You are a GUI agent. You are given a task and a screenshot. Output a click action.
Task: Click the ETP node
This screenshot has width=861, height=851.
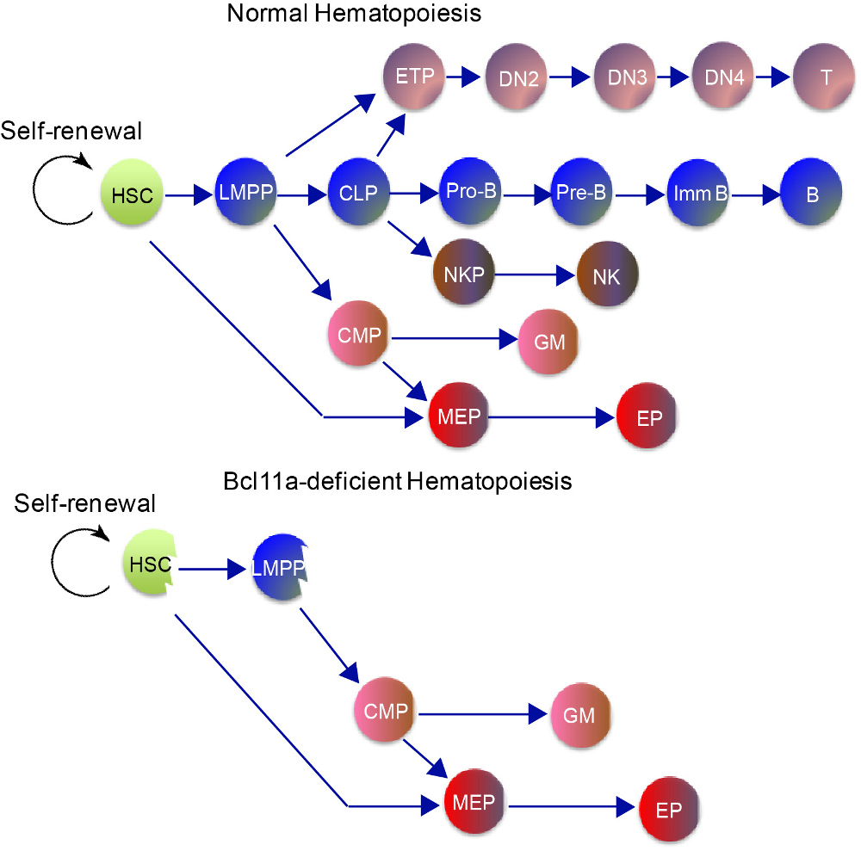(414, 77)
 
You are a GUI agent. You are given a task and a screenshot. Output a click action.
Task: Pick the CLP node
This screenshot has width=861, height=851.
(359, 194)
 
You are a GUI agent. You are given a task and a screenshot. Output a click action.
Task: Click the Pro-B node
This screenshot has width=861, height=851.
(471, 194)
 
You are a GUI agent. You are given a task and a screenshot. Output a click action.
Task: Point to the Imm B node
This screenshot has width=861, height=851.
(698, 194)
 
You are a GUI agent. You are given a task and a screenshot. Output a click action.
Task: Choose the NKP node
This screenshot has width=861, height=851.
(466, 275)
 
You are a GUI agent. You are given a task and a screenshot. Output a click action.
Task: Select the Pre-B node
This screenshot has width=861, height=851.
(585, 194)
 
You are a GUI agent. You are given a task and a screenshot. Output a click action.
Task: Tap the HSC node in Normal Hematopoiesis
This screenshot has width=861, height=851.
(132, 195)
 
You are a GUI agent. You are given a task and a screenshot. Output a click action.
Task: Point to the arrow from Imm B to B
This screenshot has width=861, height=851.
(754, 195)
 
